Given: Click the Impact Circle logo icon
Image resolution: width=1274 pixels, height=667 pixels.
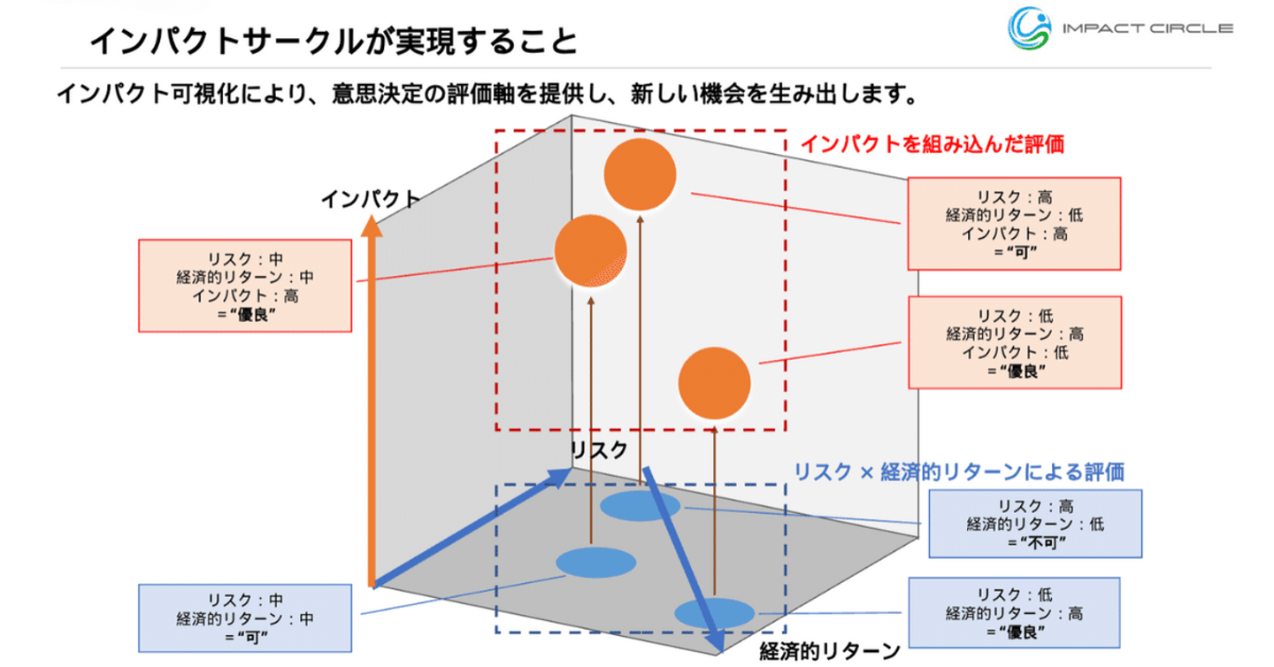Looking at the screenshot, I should [x=1029, y=27].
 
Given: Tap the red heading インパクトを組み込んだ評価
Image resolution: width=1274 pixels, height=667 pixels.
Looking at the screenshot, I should [x=932, y=144].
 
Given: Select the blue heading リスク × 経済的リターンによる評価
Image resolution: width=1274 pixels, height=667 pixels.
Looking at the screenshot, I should [x=959, y=471].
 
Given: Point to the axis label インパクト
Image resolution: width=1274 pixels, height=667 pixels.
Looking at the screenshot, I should [x=369, y=198].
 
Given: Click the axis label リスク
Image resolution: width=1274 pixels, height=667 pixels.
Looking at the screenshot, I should [x=599, y=449].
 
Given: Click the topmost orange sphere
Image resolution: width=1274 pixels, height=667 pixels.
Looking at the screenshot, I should [x=641, y=174].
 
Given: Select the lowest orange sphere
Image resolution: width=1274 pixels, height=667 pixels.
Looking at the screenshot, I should [x=715, y=384].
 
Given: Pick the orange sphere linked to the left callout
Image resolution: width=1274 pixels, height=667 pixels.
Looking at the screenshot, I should [x=590, y=251].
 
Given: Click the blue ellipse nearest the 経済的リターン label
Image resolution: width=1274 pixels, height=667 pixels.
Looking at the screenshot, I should [x=714, y=613].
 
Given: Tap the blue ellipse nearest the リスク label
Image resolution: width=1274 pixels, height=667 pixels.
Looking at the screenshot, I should [x=640, y=507].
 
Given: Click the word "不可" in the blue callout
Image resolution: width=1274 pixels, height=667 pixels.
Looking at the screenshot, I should [x=1036, y=541].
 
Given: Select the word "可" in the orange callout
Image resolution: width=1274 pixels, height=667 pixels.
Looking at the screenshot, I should [x=1016, y=252].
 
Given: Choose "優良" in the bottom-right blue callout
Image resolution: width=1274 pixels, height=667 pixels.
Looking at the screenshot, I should [x=1015, y=632].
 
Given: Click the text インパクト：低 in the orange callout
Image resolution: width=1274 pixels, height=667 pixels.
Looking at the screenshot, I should [x=1015, y=353].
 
